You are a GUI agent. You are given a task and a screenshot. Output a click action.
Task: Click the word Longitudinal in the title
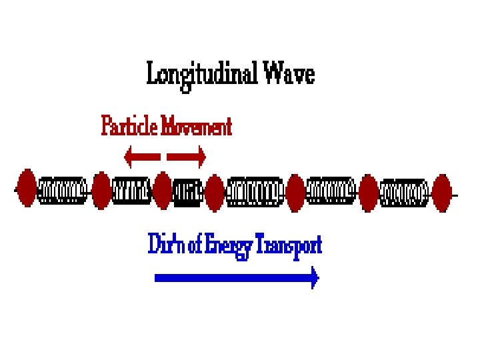point(201,73)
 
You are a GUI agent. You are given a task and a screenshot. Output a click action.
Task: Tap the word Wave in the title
point(288,73)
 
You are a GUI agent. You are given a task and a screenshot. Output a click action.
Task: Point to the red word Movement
point(199,126)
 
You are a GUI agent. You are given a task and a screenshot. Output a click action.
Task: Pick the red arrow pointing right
point(187,157)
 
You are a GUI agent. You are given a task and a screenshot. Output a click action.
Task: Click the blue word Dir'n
point(164,245)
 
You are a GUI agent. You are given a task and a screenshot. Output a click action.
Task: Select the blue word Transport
point(291,246)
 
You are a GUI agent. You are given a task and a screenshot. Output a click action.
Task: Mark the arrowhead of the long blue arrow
point(313,278)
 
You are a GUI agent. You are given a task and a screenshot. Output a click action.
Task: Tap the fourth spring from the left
point(255,192)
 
